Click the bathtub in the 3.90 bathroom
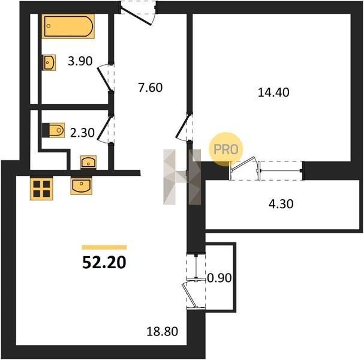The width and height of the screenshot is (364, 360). point(68,26)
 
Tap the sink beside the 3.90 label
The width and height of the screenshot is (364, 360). point(49,62)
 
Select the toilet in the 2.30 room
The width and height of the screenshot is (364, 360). point(53,130)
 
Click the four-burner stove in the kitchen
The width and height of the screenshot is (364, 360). point(41,188)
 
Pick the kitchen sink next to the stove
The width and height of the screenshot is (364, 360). point(82,186)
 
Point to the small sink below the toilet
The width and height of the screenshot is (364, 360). point(88,162)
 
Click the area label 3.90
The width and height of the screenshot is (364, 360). point(80,61)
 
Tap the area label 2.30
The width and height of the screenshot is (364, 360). point(82,133)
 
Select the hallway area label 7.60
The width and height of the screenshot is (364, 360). point(151,88)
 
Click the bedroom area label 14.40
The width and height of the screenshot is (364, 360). point(273,92)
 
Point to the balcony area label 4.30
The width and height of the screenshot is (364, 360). point(281,204)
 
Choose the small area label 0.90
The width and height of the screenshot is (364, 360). point(219,278)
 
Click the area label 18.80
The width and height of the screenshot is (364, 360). point(163,331)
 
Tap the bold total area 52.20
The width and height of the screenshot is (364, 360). point(104,263)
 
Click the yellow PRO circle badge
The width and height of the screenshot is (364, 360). point(225,149)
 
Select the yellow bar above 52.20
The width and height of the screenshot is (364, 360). point(104,247)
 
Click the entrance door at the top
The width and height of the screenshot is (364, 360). point(138,13)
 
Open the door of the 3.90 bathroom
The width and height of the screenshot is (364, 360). point(106,77)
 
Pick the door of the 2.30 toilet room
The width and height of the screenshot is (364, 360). point(105,128)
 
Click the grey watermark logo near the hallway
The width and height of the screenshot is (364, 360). point(182,177)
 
